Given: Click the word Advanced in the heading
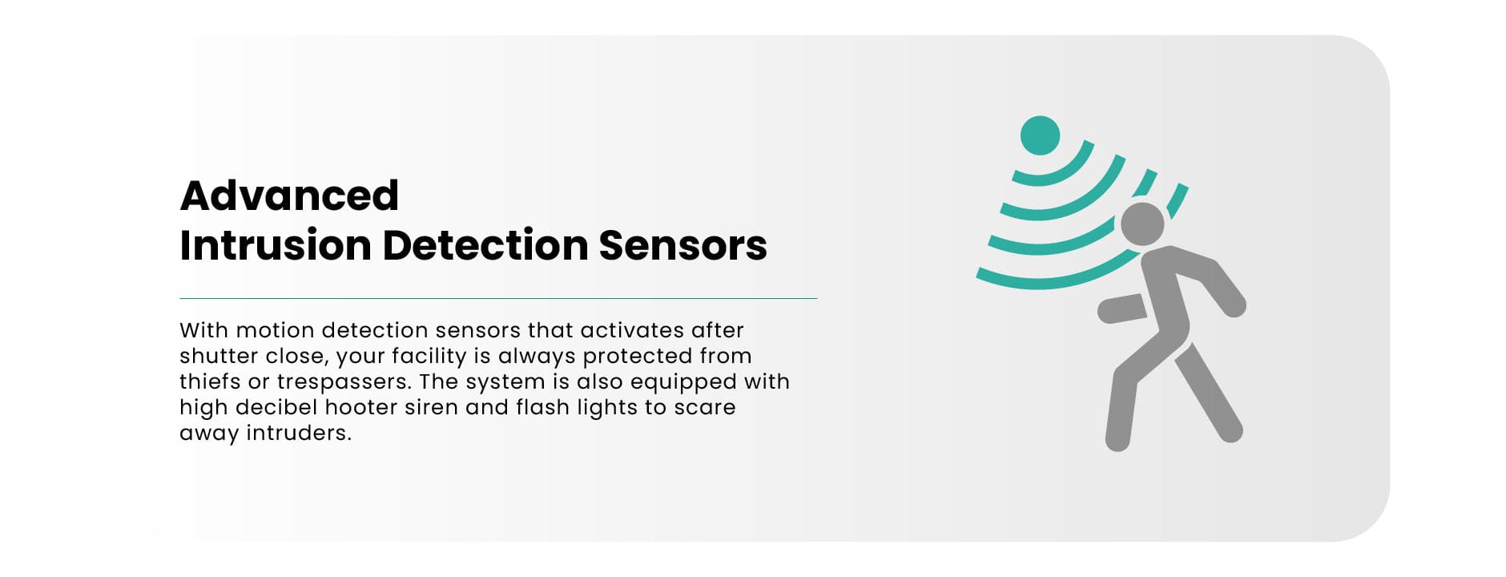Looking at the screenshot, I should (289, 196).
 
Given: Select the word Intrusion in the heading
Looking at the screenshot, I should (275, 245).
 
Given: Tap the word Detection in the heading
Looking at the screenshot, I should (484, 245).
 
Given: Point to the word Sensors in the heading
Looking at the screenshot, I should (683, 245).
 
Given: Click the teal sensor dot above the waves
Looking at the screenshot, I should (1040, 135).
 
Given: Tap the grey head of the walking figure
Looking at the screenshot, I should (1142, 224).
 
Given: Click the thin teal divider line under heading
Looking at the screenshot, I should (497, 298).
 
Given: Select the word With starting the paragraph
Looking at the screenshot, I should (203, 330).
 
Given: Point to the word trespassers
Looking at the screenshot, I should (344, 381).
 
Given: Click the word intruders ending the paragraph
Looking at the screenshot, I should (298, 433).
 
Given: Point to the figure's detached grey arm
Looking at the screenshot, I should (1122, 308).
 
